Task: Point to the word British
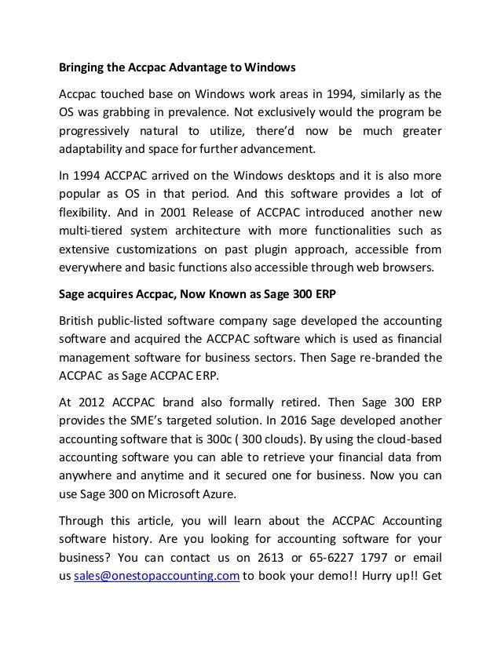(x=80, y=323)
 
